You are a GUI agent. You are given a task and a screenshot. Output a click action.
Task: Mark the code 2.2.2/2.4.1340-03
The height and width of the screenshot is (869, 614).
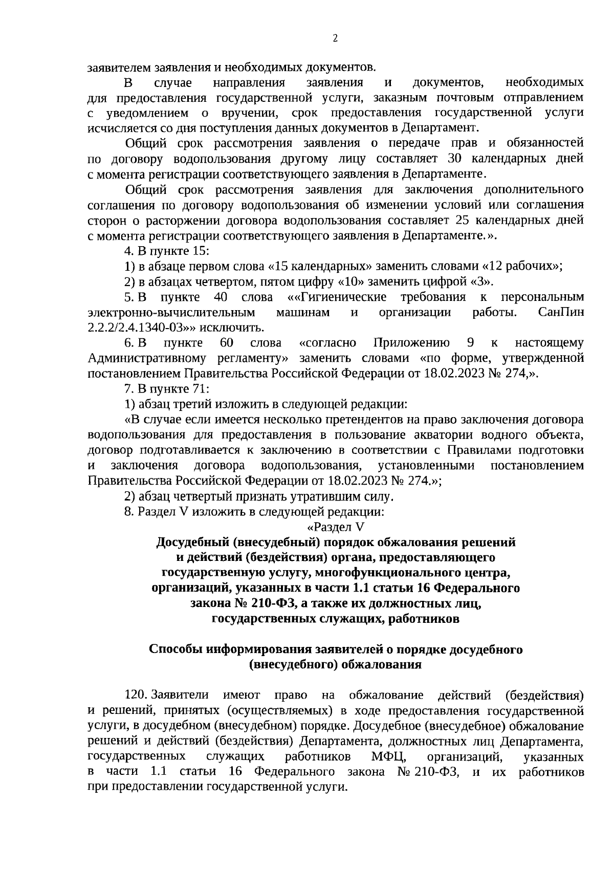click(142, 328)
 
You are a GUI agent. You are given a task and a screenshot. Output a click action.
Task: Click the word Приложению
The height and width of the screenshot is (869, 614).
click(412, 342)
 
